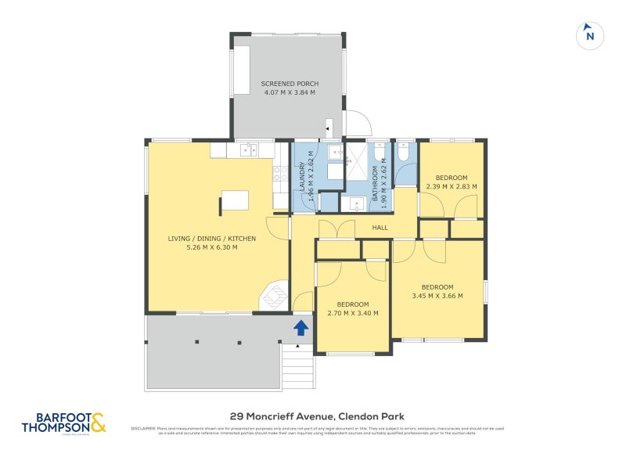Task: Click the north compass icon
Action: point(590,35)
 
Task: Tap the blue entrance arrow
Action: point(300,326)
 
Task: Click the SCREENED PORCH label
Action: point(290,84)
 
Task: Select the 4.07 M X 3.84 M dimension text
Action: point(290,92)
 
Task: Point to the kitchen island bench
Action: point(235,200)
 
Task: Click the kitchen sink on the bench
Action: point(248,149)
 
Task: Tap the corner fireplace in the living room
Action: point(273,297)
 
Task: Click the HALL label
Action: point(380,227)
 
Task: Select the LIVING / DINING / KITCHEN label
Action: point(211,238)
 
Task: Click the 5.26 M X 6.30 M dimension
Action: point(211,247)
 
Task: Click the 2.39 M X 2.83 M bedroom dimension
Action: point(452,186)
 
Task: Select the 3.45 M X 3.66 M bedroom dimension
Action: point(437,296)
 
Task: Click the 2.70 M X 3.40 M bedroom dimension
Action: point(353,313)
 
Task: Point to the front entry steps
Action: point(297,368)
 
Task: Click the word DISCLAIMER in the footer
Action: point(143,428)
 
